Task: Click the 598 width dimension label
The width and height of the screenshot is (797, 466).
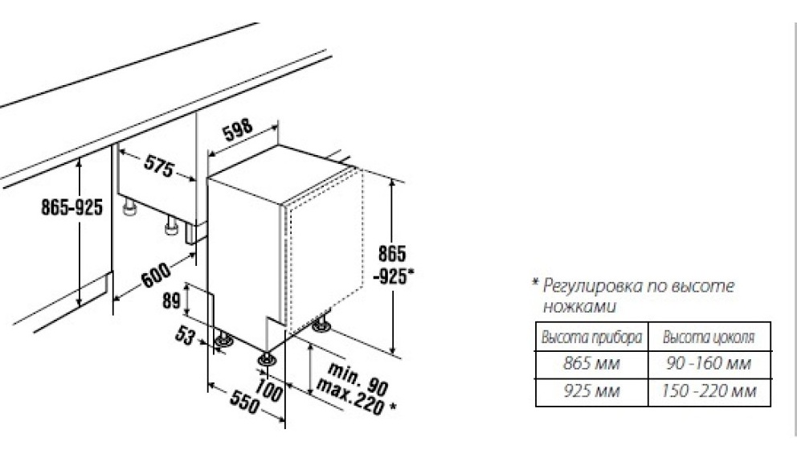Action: [238, 130]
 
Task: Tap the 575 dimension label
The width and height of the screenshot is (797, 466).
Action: [158, 166]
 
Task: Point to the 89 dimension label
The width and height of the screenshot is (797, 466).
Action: [171, 300]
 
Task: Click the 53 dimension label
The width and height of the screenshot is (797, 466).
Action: [185, 335]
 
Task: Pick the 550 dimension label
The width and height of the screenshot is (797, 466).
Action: [244, 402]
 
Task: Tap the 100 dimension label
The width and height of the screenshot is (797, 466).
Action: [268, 390]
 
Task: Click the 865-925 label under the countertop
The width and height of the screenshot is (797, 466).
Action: [72, 206]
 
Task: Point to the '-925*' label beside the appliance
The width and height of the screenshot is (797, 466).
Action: [394, 276]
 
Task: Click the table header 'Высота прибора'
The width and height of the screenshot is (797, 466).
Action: [591, 337]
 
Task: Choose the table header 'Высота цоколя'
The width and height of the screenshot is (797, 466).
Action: [709, 337]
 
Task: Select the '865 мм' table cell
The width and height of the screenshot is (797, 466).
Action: [591, 364]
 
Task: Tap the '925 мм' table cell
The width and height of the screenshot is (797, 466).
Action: [591, 390]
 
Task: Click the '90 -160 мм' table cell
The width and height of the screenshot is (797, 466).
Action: [709, 364]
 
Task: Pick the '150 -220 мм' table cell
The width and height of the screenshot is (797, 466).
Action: [709, 390]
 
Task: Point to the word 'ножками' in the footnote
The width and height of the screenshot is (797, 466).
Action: [579, 307]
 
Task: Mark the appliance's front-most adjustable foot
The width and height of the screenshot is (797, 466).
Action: [267, 359]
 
